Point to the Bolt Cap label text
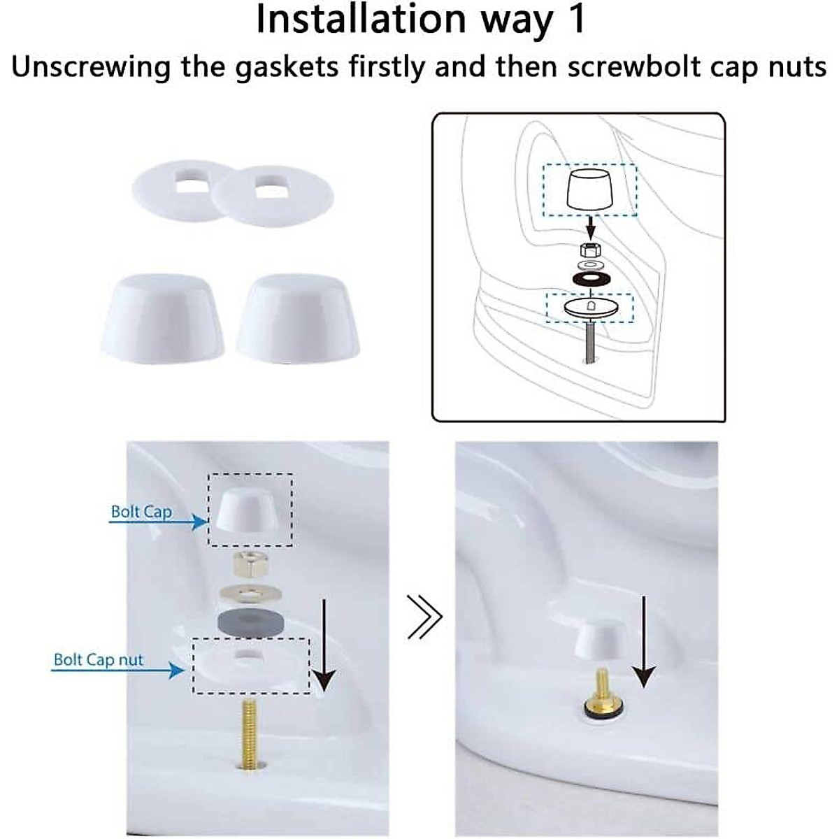(141, 512)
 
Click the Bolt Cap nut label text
(99, 660)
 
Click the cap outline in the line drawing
(590, 189)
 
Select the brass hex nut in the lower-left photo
(250, 563)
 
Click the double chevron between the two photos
(426, 617)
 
